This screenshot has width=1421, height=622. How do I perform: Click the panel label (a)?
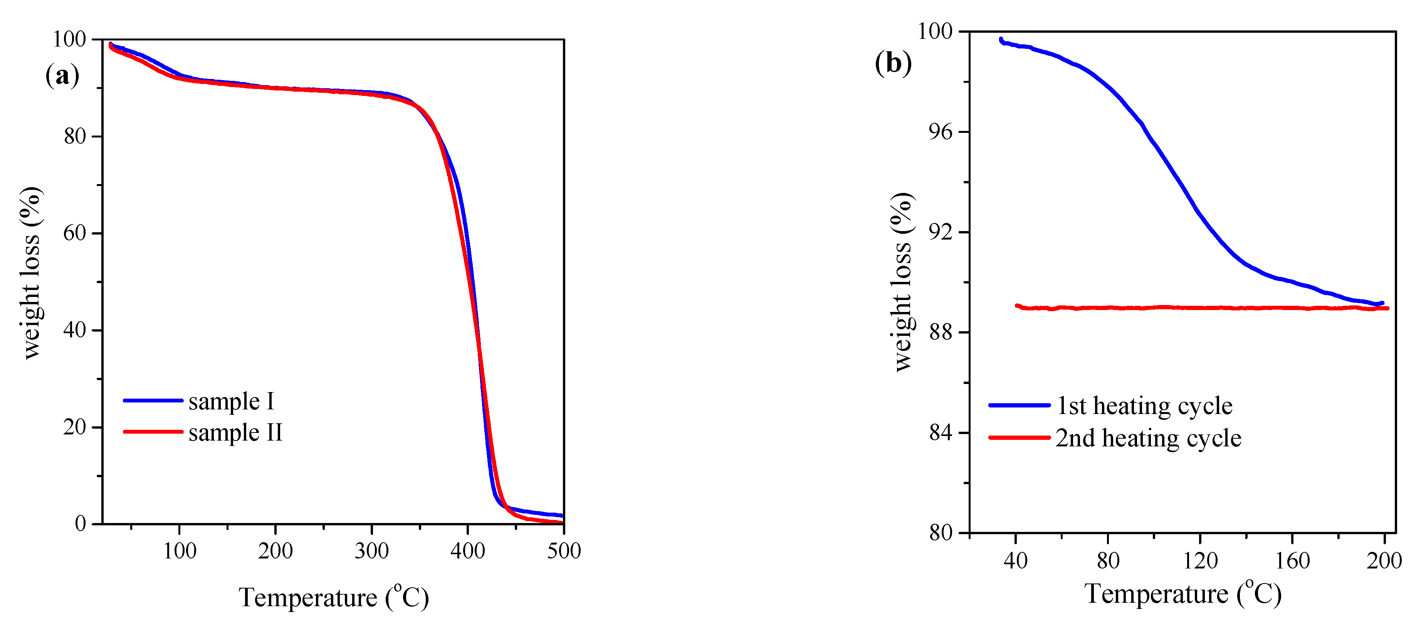pyautogui.click(x=62, y=75)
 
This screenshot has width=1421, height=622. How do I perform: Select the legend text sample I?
pyautogui.click(x=231, y=401)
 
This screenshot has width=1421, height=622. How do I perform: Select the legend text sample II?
pyautogui.click(x=235, y=432)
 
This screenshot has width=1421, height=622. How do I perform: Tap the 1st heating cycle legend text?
pyautogui.click(x=1144, y=406)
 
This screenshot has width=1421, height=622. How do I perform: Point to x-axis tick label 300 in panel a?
pyautogui.click(x=371, y=551)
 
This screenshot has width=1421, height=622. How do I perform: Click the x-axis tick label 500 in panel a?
pyautogui.click(x=564, y=551)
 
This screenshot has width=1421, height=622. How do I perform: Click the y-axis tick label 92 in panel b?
pyautogui.click(x=941, y=232)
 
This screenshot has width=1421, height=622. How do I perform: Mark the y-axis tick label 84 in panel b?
pyautogui.click(x=941, y=433)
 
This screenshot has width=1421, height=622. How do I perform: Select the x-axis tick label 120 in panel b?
pyautogui.click(x=1200, y=561)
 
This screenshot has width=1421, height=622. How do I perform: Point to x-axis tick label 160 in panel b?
pyautogui.click(x=1292, y=561)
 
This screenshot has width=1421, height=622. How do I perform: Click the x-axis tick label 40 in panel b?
pyautogui.click(x=1016, y=561)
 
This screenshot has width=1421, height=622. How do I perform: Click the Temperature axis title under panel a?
pyautogui.click(x=334, y=598)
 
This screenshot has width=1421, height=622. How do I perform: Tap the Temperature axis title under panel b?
pyautogui.click(x=1183, y=594)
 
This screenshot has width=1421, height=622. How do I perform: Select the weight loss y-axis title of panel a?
pyautogui.click(x=30, y=273)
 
